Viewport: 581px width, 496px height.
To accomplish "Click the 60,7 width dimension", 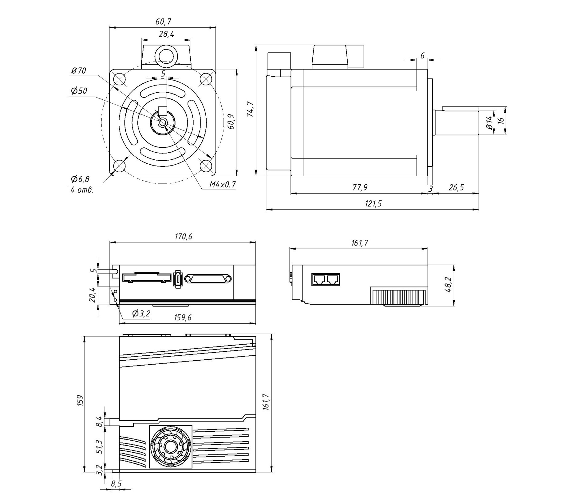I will tap(163, 22).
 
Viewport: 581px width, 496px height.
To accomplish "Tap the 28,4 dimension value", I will tap(166, 34).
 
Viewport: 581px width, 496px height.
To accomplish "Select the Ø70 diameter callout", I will tap(79, 71).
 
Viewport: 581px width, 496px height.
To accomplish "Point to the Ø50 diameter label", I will tap(79, 91).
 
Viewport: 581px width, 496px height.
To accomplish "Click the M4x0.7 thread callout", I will tap(222, 185).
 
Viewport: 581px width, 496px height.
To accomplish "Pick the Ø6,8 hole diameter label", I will tap(80, 179).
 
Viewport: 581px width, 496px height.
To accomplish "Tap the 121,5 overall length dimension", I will tap(373, 204).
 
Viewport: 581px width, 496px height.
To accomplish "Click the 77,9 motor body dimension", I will tap(360, 187).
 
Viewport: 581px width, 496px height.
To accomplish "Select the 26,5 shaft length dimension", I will tap(456, 187).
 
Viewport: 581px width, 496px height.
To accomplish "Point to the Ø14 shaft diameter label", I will tap(489, 122).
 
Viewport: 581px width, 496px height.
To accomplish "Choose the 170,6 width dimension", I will tap(183, 237).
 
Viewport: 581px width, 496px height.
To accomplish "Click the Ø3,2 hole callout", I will tap(141, 314).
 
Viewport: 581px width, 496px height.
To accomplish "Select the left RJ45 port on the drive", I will tap(318, 279).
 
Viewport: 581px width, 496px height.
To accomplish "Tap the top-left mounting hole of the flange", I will tap(120, 79).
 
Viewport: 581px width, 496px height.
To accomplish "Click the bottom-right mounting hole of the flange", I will tap(206, 166).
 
